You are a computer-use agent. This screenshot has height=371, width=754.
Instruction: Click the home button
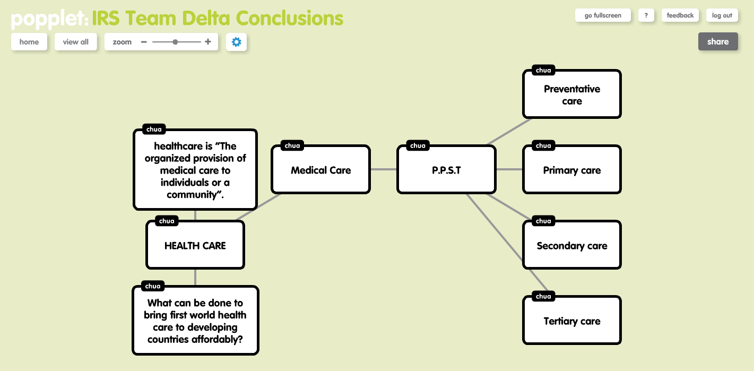tap(29, 42)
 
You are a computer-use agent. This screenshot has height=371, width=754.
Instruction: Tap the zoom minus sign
tap(144, 42)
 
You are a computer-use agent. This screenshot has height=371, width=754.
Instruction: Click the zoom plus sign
tap(208, 42)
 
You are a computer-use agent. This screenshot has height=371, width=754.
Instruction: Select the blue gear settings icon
tap(236, 42)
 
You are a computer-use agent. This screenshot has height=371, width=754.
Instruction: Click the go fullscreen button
tap(603, 15)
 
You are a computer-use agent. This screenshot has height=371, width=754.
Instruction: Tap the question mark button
tap(646, 15)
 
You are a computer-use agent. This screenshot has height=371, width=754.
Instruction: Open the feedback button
tap(680, 15)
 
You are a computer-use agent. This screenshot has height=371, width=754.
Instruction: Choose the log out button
tap(722, 15)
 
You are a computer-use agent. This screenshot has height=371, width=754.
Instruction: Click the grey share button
tap(717, 42)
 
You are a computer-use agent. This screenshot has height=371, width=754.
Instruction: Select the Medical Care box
tap(320, 170)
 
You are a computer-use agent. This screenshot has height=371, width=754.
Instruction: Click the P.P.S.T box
tap(446, 170)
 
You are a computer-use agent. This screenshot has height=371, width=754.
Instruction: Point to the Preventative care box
tap(572, 95)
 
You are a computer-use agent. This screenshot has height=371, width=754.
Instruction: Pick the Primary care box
tap(572, 170)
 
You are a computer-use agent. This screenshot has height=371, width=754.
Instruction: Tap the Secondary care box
tap(572, 246)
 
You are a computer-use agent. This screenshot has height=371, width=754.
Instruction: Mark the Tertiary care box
tap(572, 321)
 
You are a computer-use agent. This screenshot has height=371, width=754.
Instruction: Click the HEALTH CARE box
tap(195, 246)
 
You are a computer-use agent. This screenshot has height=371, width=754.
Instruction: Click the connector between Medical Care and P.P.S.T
tap(384, 169)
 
